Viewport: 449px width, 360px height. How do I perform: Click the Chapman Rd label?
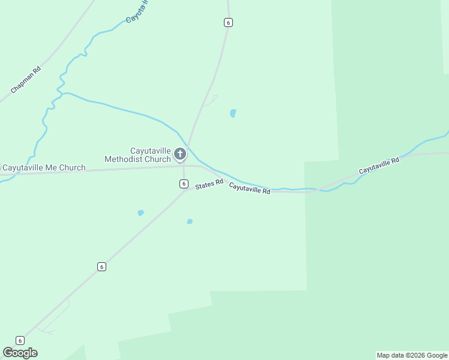(25, 80)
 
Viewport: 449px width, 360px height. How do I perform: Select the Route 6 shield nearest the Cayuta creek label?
(228, 22)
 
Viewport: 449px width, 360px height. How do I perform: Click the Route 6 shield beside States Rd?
(184, 184)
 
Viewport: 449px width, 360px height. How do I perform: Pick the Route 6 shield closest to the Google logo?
(20, 340)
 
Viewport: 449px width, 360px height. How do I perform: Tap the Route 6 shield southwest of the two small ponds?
(102, 266)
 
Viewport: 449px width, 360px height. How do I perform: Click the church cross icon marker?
(179, 154)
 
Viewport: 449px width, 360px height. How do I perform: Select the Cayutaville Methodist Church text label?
(138, 155)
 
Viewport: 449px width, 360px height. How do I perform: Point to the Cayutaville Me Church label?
(43, 168)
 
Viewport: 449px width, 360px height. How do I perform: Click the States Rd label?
(209, 184)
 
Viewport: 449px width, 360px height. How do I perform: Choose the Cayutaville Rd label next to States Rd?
(249, 189)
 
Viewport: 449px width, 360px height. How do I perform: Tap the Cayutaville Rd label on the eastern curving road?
(379, 166)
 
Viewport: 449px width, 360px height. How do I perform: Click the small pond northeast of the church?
(233, 113)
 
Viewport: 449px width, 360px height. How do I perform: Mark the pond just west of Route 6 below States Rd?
(140, 212)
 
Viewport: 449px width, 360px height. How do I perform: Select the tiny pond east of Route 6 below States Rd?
(190, 221)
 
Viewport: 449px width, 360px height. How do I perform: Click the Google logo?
(20, 353)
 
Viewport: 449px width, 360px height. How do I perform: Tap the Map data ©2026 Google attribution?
(412, 355)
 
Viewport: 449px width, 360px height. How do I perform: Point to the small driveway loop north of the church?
(210, 101)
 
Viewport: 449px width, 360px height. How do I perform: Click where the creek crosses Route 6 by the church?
(188, 146)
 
